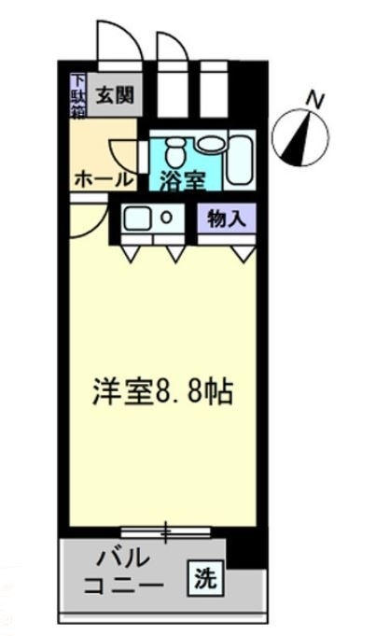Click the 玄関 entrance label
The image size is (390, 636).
coord(110,93)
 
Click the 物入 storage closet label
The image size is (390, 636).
coord(226,219)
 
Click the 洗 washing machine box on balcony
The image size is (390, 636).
coord(203,578)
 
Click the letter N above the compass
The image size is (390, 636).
coord(317,97)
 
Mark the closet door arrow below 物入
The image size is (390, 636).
coord(244,253)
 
